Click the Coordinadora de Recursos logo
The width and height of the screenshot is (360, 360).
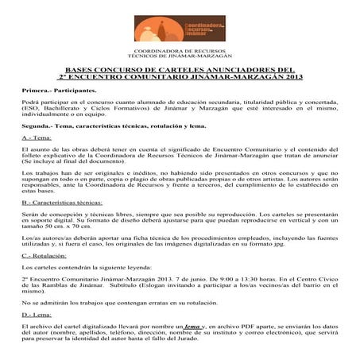click(180, 25)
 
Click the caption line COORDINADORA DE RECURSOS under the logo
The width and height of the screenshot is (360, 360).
click(180, 52)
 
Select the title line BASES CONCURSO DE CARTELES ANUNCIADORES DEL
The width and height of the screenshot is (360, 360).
click(179, 69)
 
